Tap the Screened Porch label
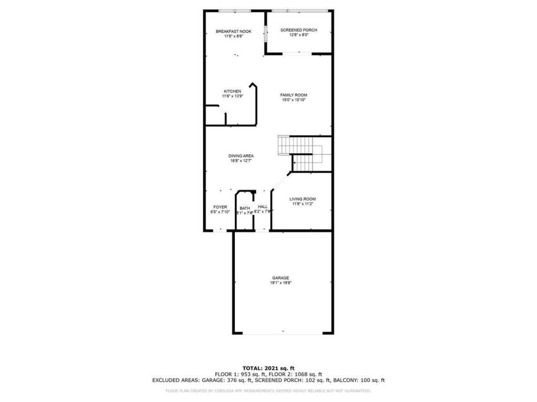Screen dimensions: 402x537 coord(299,30)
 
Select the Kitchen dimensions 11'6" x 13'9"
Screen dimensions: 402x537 coord(232,96)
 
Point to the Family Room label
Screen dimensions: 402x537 coord(294,95)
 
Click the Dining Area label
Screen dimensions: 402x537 coord(241,156)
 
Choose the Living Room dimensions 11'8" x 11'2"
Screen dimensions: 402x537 coord(302,204)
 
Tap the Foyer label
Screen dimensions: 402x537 coord(220,207)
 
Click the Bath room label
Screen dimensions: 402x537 coord(245,209)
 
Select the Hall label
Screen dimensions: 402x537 coord(263,207)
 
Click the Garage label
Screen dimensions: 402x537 coord(280,278)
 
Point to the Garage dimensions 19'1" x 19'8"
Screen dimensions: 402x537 coord(280,283)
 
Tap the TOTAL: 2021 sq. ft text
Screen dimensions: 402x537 coord(268,368)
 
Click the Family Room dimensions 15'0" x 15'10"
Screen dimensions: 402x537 coord(294,100)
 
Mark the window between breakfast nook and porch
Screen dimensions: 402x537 coord(265,34)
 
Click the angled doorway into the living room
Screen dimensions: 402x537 coord(280,180)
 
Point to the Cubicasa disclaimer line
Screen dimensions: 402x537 coord(268,391)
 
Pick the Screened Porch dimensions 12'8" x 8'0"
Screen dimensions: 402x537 coord(299,35)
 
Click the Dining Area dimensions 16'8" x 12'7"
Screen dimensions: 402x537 coord(241,161)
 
